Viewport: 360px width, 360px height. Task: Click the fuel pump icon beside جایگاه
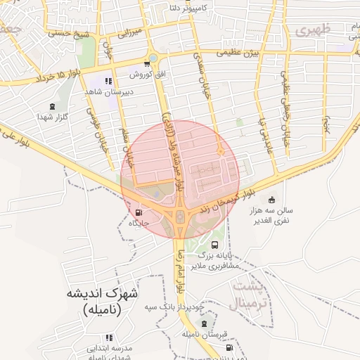coord(138,212)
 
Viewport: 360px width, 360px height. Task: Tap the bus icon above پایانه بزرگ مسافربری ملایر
coord(214,245)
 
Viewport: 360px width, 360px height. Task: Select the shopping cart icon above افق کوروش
coord(146,63)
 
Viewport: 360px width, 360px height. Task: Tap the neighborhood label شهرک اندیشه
coord(102,293)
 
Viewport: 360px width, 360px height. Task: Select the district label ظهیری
coord(313,30)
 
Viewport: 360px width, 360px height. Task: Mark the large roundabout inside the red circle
coord(180,216)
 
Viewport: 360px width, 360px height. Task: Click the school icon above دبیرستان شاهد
coord(108,82)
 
